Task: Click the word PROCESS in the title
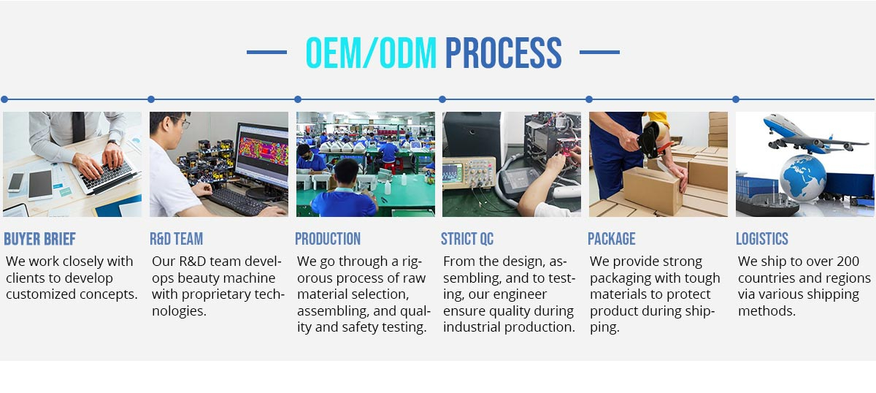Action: (503, 53)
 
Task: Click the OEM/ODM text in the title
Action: (371, 53)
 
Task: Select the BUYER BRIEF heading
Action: (40, 239)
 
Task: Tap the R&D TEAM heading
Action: (177, 239)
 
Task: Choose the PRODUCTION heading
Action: (328, 239)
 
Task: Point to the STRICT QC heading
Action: (467, 239)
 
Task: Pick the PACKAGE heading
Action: (612, 239)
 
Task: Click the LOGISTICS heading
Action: (762, 239)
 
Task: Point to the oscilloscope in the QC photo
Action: (469, 173)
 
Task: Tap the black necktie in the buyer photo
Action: (78, 126)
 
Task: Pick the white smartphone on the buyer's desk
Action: (16, 183)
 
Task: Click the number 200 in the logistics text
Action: (846, 261)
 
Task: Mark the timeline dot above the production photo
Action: (298, 99)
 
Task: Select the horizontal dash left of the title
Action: (266, 52)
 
